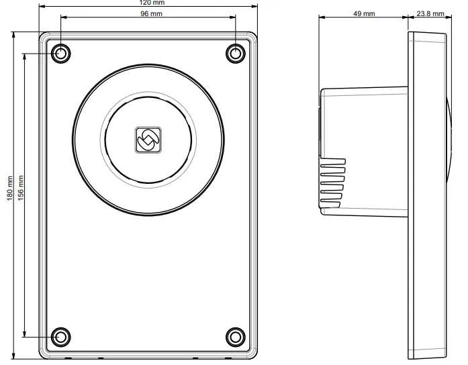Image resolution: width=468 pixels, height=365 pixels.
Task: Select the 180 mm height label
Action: click(9, 188)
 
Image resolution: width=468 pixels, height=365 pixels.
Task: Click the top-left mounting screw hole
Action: click(61, 53)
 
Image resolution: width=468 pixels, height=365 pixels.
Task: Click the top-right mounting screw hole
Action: click(235, 53)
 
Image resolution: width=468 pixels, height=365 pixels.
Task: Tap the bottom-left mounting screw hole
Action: click(61, 335)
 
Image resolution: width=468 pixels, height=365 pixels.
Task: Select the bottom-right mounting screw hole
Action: click(235, 335)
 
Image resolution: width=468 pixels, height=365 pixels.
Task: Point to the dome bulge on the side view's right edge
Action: click(448, 141)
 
